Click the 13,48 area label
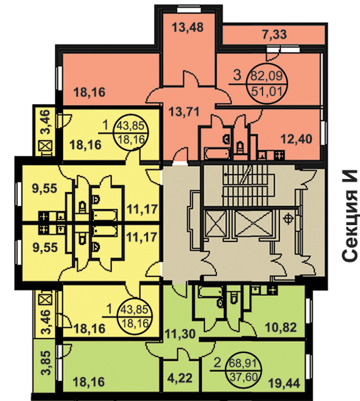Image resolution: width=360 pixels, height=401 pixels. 188,27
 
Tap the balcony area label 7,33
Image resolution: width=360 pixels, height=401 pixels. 275,34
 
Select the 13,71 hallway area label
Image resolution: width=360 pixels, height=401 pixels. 184,112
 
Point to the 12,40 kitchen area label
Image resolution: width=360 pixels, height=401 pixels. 297,139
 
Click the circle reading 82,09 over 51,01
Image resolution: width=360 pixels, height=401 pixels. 267,83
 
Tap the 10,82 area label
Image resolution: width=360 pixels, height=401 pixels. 281,327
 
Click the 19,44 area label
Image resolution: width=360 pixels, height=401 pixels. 284,383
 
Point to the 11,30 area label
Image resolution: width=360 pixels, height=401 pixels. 180,333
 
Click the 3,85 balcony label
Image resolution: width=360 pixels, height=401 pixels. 46,363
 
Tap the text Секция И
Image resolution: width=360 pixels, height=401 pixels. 349,215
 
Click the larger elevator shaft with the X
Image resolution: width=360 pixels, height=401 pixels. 253,222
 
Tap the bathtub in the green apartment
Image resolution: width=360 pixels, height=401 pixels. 210,291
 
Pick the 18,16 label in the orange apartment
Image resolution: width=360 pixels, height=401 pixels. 89,92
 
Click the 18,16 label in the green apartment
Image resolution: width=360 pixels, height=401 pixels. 89,383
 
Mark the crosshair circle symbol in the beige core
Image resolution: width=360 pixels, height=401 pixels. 289,219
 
